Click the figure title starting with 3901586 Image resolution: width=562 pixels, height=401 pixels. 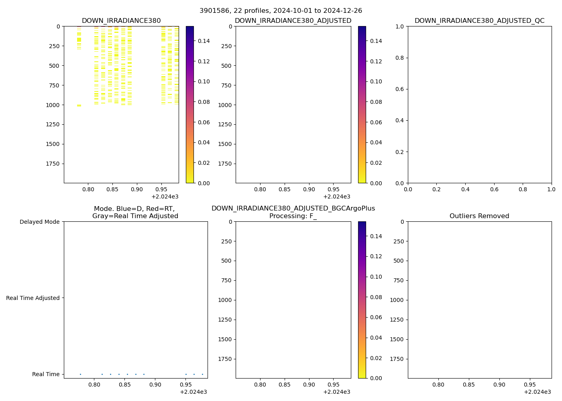[281, 11]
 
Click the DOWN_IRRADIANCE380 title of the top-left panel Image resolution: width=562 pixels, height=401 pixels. [121, 21]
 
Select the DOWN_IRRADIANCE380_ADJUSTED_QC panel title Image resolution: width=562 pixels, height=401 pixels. [479, 21]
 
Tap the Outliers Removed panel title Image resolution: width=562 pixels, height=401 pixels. [479, 216]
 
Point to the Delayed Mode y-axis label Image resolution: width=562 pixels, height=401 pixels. [39, 222]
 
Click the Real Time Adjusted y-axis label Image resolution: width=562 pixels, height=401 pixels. [33, 298]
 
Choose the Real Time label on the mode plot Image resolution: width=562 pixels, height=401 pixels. [46, 374]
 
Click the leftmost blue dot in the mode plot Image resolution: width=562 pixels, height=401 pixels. [80, 374]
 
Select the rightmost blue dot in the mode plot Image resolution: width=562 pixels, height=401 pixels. [202, 374]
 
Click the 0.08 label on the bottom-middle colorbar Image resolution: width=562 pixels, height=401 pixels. [376, 297]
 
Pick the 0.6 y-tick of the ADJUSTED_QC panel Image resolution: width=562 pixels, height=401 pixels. [399, 89]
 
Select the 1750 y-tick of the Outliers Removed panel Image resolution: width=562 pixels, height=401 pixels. [398, 359]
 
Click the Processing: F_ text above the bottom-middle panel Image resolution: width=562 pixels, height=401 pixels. [293, 216]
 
